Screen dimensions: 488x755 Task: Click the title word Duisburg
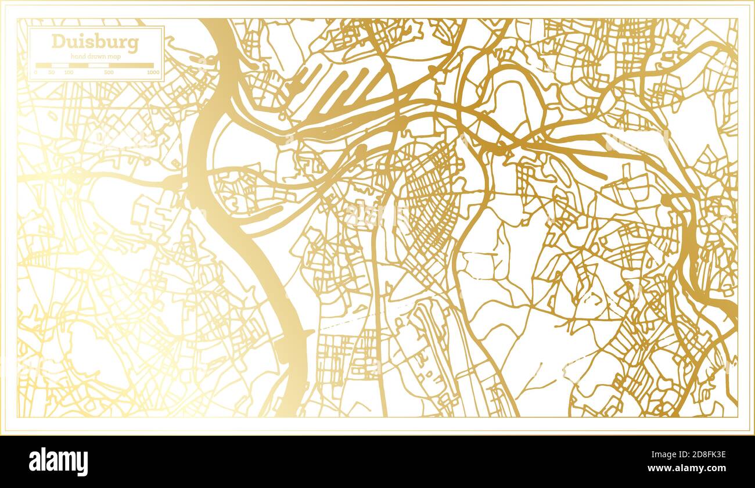(95, 42)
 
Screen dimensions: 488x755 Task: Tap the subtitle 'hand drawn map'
(95, 55)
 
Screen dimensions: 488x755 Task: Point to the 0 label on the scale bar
(36, 73)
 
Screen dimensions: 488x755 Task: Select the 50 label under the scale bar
(52, 73)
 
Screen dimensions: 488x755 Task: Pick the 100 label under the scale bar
(69, 73)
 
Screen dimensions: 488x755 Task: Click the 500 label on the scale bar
(109, 73)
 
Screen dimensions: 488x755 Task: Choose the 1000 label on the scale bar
(153, 73)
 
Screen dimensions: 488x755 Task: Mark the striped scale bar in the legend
(95, 65)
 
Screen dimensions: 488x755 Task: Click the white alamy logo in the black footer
(58, 462)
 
